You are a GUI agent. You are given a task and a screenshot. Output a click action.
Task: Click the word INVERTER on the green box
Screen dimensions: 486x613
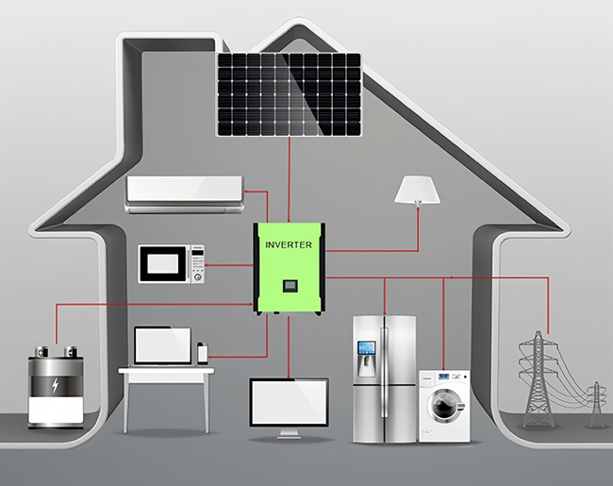pyautogui.click(x=289, y=243)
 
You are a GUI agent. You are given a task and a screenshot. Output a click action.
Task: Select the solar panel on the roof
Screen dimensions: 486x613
pyautogui.click(x=290, y=93)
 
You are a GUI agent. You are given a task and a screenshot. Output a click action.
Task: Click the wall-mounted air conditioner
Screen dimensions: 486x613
pyautogui.click(x=185, y=191)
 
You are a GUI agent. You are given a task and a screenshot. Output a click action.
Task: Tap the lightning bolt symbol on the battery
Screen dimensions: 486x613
pyautogui.click(x=56, y=385)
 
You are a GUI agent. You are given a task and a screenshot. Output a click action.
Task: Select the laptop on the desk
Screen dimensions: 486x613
pyautogui.click(x=162, y=346)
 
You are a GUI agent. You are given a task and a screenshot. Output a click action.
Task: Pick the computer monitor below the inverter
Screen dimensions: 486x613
pyautogui.click(x=289, y=402)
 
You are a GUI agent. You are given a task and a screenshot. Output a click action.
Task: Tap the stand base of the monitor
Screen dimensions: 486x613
pyautogui.click(x=289, y=438)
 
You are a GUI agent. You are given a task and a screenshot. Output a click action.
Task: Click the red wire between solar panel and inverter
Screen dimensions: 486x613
pyautogui.click(x=289, y=179)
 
